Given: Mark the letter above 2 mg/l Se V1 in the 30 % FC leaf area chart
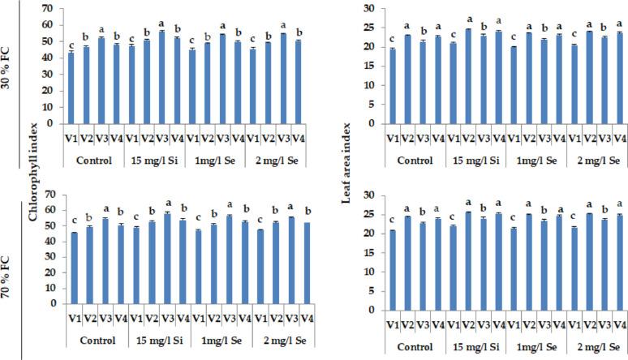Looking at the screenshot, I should coord(572,36).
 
